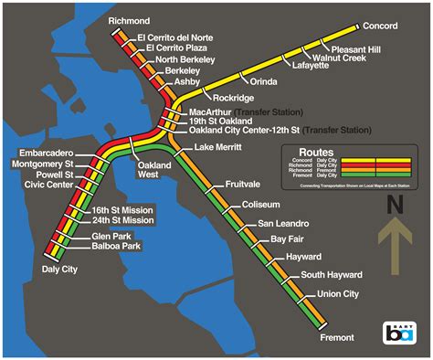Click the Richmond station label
click(x=129, y=19)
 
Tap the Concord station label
click(x=381, y=26)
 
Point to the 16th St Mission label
click(x=122, y=209)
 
